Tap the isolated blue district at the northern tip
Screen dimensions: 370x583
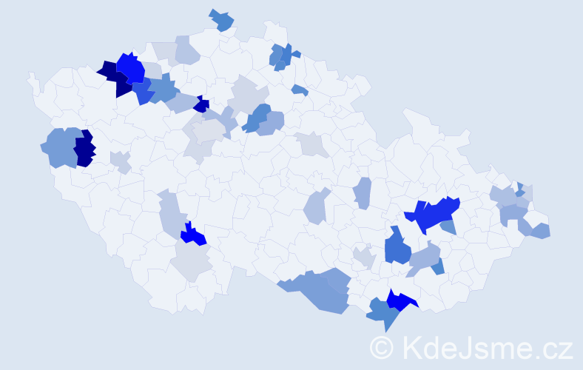pyautogui.click(x=221, y=20)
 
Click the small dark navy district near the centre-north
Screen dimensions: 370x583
pyautogui.click(x=202, y=104)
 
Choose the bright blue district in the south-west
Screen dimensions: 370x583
pyautogui.click(x=194, y=235)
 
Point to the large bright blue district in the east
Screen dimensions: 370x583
pyautogui.click(x=434, y=215)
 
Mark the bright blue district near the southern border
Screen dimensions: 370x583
pyautogui.click(x=400, y=300)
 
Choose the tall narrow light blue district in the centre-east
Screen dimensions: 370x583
pyautogui.click(x=363, y=193)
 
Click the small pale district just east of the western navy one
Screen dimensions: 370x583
pyautogui.click(x=121, y=161)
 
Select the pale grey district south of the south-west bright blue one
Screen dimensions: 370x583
pyautogui.click(x=191, y=261)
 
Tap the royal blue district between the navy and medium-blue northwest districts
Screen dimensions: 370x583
pyautogui.click(x=144, y=90)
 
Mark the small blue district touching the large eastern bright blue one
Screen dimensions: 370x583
pyautogui.click(x=448, y=227)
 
